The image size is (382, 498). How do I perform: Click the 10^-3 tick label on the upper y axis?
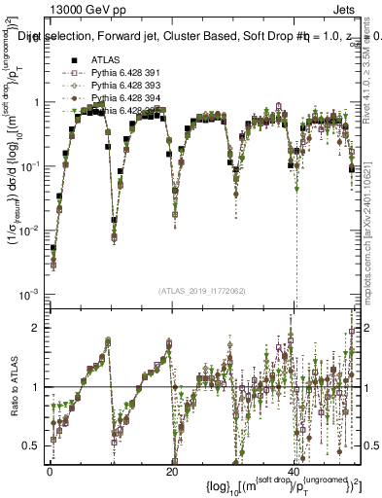(28, 294)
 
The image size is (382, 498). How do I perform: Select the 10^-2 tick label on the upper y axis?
(28, 231)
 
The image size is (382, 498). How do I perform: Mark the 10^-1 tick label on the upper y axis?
(28, 166)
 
